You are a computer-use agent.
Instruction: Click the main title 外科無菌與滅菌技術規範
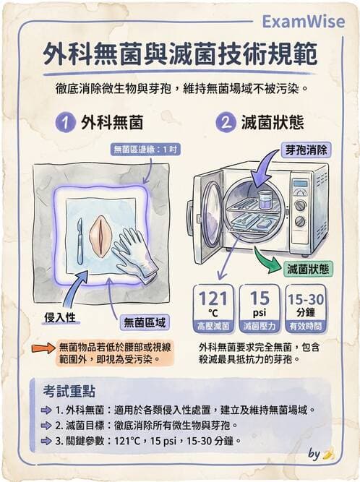(x=180, y=55)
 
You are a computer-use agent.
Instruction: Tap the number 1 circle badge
(x=67, y=123)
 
